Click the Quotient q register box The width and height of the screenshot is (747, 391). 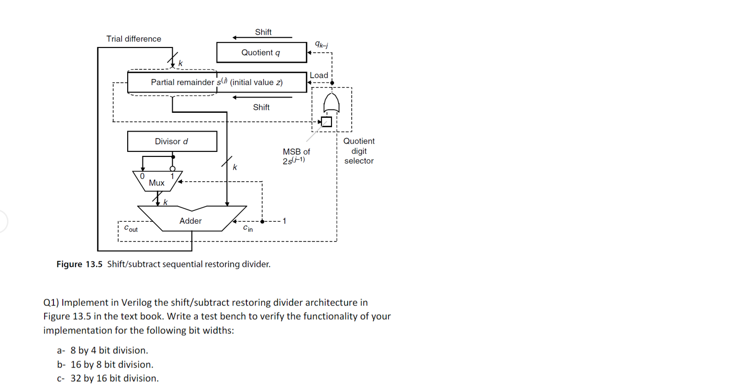coord(261,52)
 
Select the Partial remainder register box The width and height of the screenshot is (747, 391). coord(217,82)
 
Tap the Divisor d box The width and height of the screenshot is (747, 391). coord(172,142)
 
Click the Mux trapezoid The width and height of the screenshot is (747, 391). coord(157,182)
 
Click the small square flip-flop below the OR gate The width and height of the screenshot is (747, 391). coord(327,121)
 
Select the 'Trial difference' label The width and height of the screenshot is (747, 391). coord(134,39)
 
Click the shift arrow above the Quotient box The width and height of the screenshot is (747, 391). coord(262,38)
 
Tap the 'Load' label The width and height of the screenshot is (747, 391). coord(319,75)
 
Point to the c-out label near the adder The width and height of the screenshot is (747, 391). coord(131,229)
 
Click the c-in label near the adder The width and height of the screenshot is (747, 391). coord(248,229)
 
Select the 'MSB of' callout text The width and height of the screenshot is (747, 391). coord(296,151)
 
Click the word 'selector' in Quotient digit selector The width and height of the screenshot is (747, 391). coord(359,161)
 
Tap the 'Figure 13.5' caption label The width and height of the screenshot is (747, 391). coord(79,264)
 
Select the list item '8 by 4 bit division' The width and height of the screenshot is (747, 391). coord(109,350)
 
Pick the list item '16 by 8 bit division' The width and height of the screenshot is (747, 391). coord(112,365)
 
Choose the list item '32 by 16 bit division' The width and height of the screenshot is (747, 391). coord(115,379)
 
